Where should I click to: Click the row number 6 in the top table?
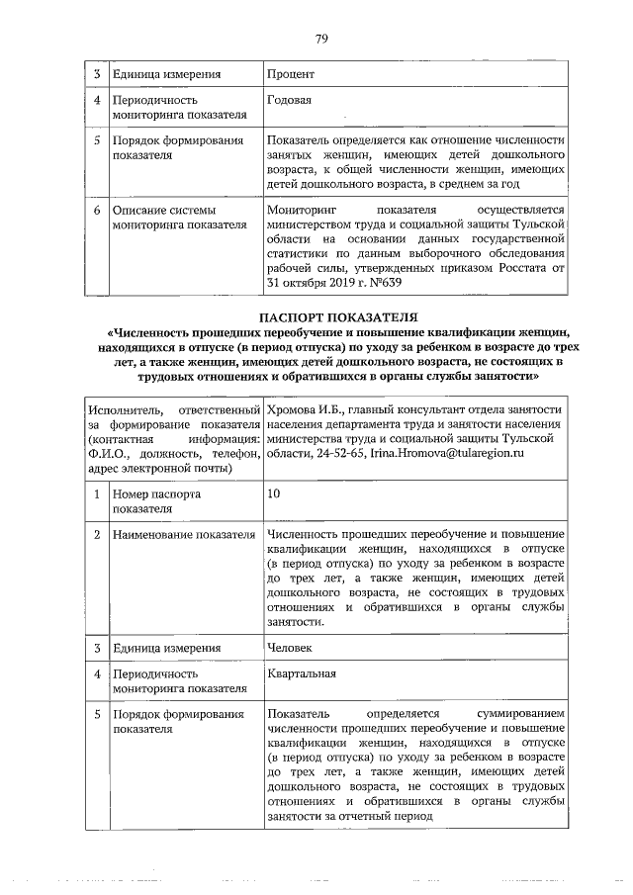pos(97,210)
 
